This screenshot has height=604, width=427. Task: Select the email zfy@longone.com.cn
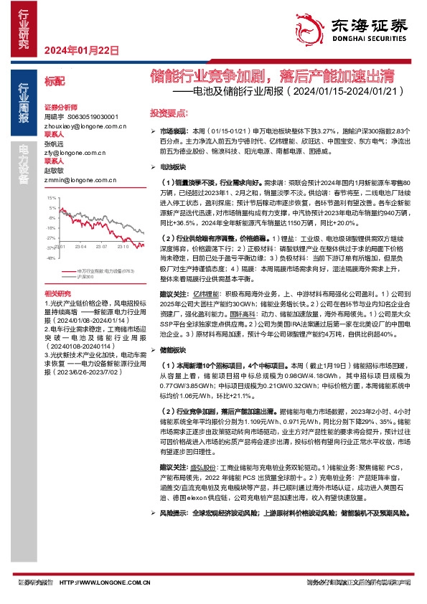(x=70, y=152)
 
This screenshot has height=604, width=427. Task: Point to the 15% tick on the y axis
(x=50, y=197)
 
